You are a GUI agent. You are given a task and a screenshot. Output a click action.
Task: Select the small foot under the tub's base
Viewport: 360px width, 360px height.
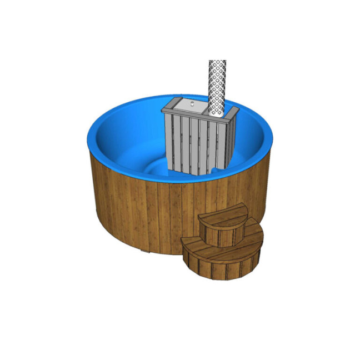pos(145,253)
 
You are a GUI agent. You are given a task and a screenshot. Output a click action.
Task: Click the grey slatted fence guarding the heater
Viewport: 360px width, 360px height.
pos(192,142)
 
